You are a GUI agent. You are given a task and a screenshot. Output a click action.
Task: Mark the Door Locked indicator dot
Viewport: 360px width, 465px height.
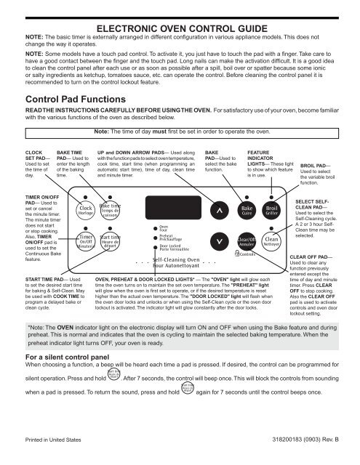153,246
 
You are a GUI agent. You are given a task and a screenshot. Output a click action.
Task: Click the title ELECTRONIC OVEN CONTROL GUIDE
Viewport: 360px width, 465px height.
180,10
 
